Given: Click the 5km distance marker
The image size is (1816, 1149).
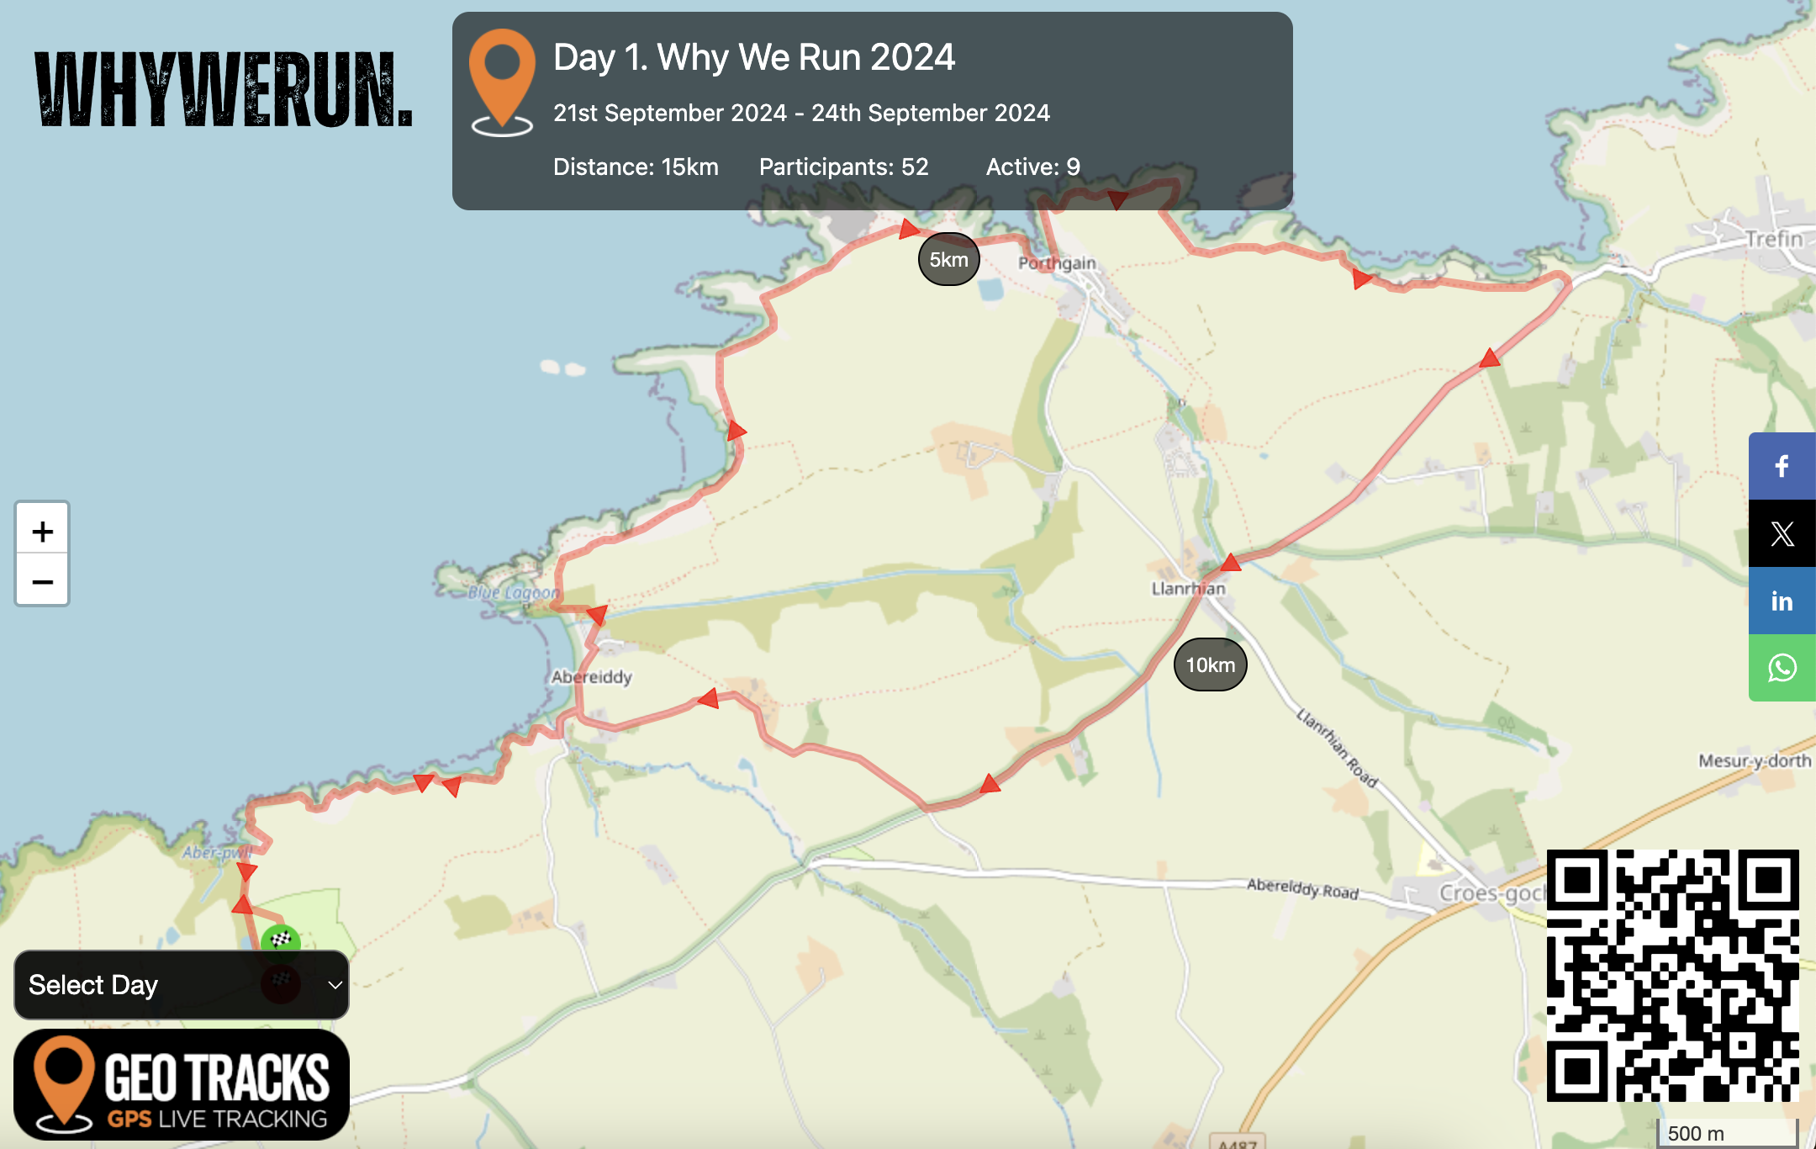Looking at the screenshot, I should coord(948,259).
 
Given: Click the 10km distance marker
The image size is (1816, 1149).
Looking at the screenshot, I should coord(1210,665).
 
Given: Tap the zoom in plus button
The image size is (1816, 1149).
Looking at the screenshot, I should coord(42,531).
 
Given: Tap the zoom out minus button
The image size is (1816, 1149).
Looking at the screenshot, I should coord(42,581).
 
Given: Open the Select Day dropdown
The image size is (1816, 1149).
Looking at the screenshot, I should coord(182,985).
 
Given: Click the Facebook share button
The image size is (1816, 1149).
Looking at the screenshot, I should coord(1782,466).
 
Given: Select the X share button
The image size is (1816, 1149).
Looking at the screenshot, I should coord(1782,533).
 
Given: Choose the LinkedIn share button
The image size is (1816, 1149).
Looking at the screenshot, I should coord(1782,601).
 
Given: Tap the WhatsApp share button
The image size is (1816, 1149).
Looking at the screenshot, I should coord(1782,668).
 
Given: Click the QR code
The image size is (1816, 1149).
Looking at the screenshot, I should coord(1672,975).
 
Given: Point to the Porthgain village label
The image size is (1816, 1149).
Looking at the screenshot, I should coord(1057,263).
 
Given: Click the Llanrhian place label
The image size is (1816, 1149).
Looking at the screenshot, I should coord(1188,589).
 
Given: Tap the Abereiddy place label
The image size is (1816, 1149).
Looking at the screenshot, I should coord(592,677).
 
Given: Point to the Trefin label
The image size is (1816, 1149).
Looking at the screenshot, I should coord(1774,240).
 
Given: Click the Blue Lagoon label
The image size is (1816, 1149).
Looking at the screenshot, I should coord(513,593).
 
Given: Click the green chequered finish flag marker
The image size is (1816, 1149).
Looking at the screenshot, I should coord(281,940).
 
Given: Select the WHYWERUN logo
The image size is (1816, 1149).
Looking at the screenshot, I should coord(224,89).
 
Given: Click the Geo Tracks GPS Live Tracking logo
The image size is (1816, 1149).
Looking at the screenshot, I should coord(182,1084).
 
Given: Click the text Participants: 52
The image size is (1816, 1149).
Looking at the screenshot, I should coord(843,167).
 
